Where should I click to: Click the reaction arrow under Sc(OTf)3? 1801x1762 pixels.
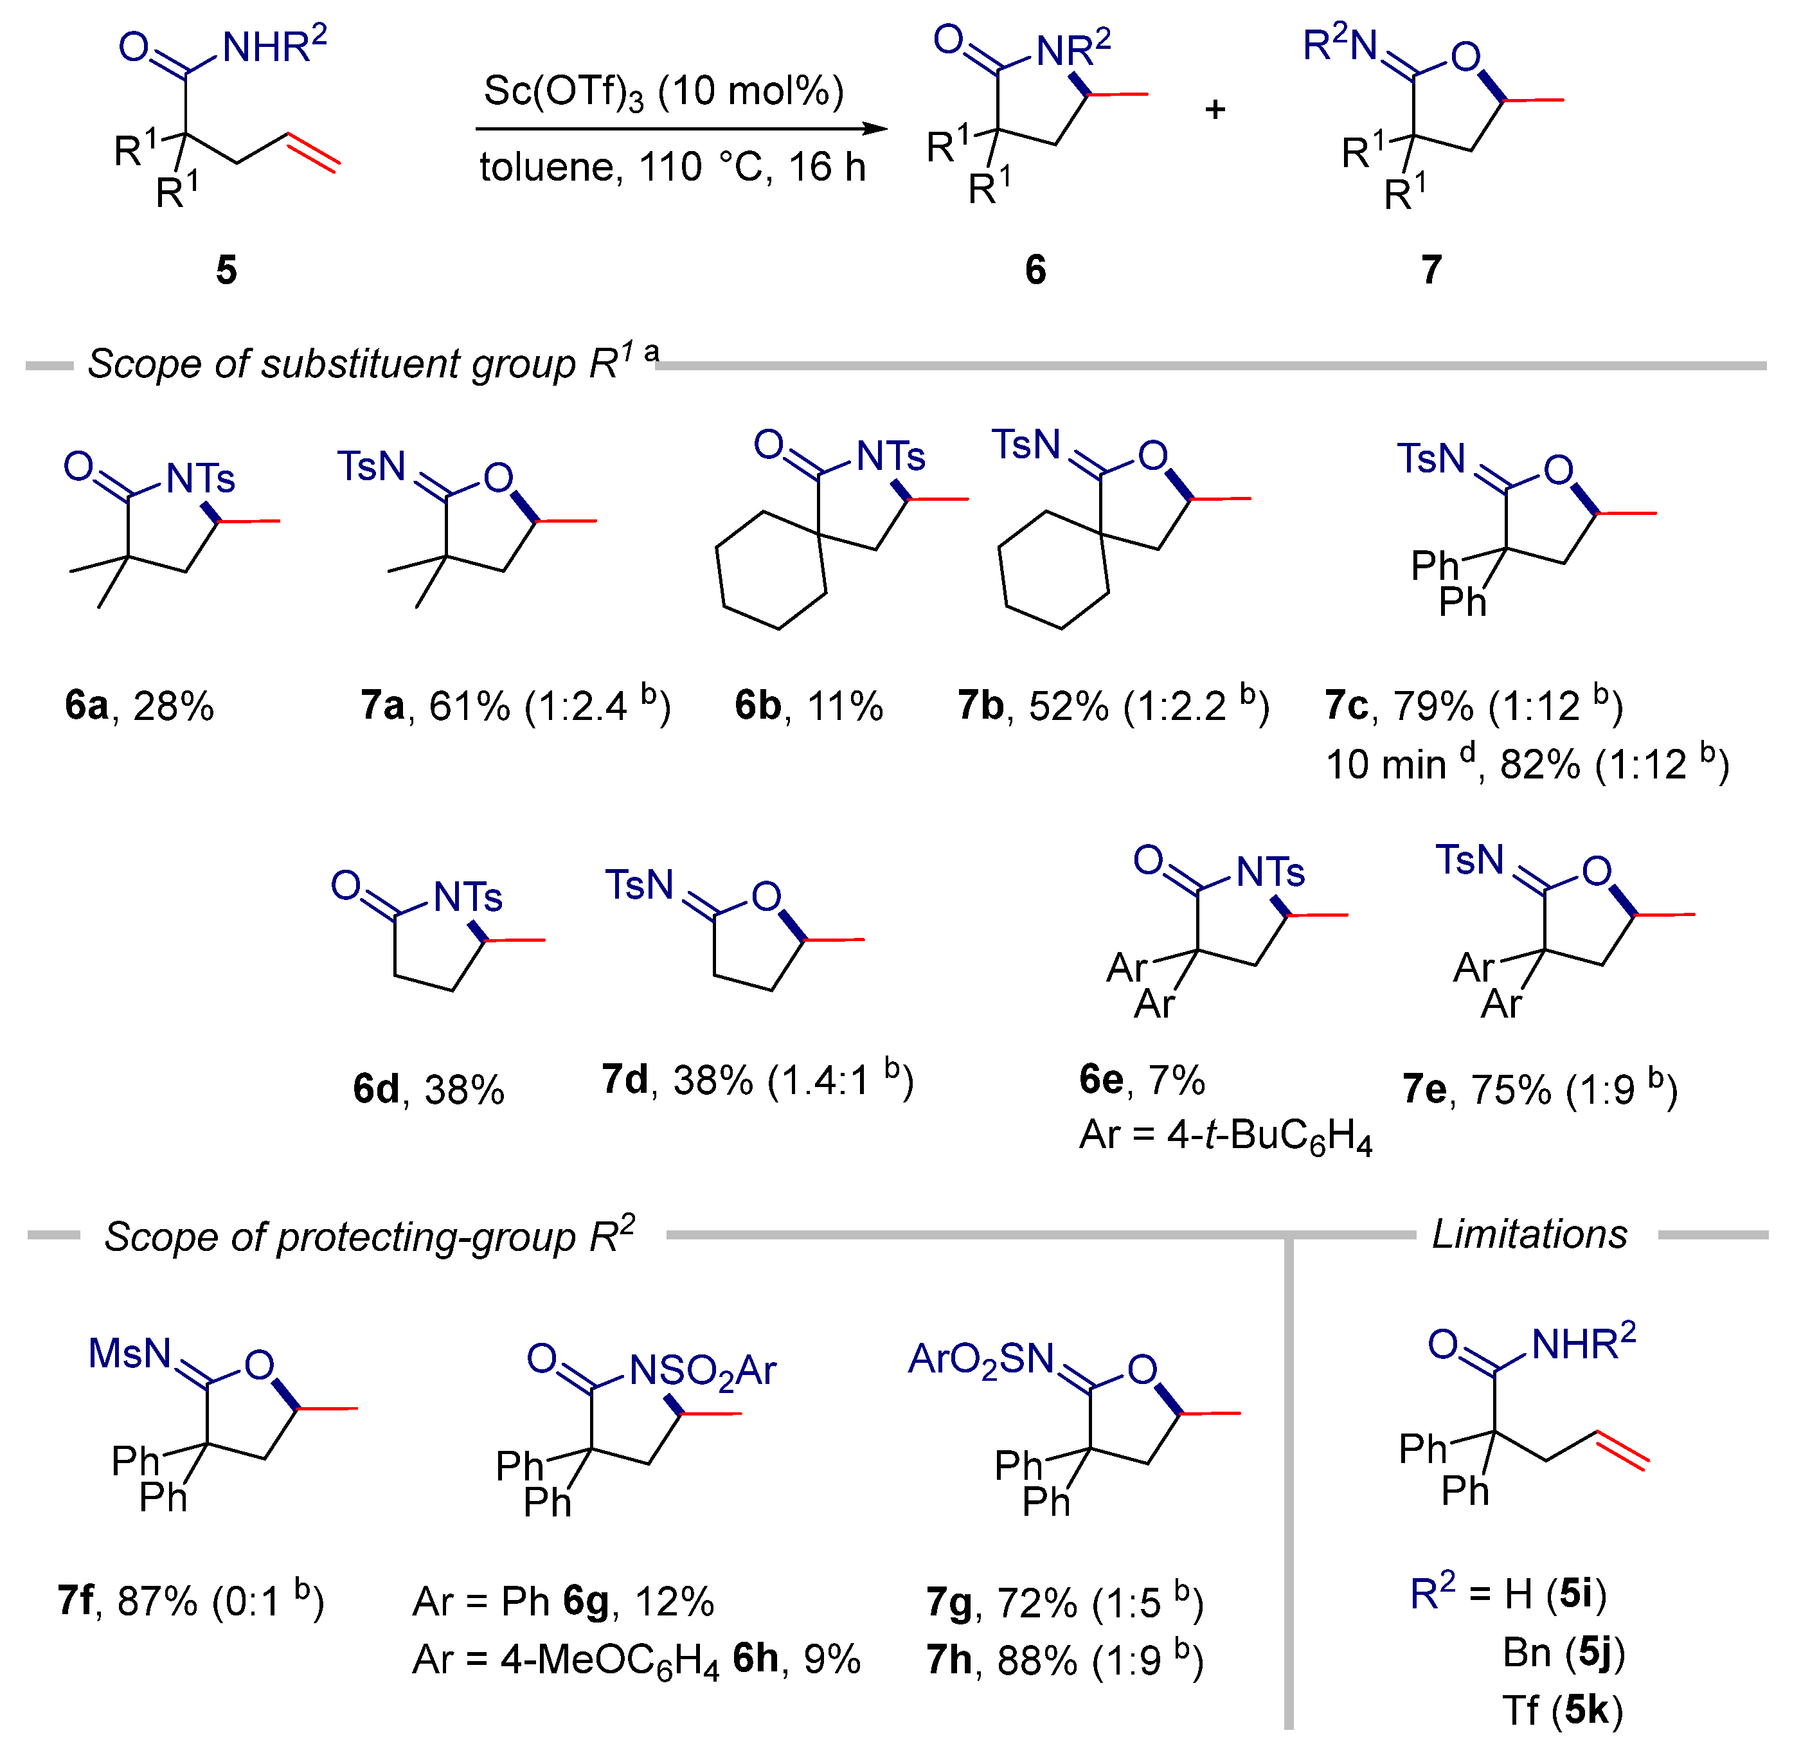coord(680,129)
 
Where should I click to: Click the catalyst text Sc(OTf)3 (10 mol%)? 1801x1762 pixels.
coord(663,93)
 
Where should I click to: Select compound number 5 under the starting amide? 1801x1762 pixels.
coord(226,270)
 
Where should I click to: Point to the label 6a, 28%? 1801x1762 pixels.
coord(139,706)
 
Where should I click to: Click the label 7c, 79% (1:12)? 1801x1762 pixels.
coord(1473,706)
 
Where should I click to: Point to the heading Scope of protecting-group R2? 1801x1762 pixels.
coord(368,1236)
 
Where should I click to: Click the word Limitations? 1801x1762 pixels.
coord(1529,1234)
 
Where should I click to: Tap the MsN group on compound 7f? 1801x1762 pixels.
coord(130,1354)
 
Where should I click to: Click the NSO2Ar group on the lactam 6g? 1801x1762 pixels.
coord(701,1371)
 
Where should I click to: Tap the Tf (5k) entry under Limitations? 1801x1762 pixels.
coord(1563,1710)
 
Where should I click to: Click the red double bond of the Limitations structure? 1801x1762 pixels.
coord(1622,1449)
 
